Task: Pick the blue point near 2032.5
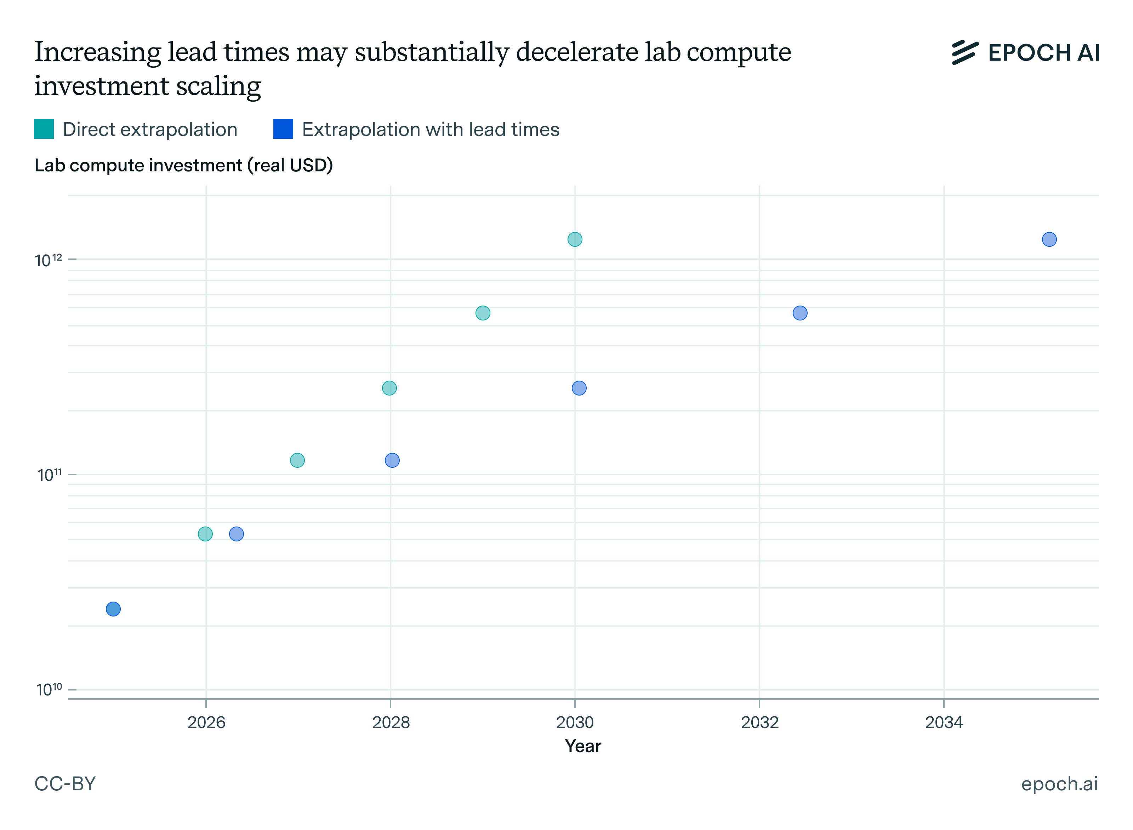[800, 313]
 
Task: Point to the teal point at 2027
[297, 460]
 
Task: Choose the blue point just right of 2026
[237, 534]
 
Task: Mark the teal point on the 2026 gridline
[205, 534]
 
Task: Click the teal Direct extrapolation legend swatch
[44, 129]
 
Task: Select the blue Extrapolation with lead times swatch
[283, 129]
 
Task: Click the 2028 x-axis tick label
[391, 722]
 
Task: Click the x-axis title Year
[583, 746]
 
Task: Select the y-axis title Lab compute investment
[183, 165]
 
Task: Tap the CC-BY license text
[65, 784]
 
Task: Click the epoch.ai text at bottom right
[1059, 784]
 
